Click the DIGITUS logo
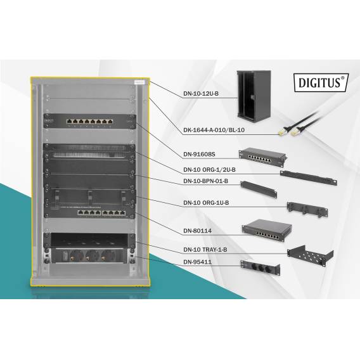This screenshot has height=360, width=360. [321, 82]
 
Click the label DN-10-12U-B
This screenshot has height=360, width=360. [200, 94]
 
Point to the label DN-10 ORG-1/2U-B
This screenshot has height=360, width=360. [209, 169]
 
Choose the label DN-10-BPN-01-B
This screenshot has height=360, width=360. [205, 182]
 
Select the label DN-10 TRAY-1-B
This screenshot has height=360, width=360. [205, 250]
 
